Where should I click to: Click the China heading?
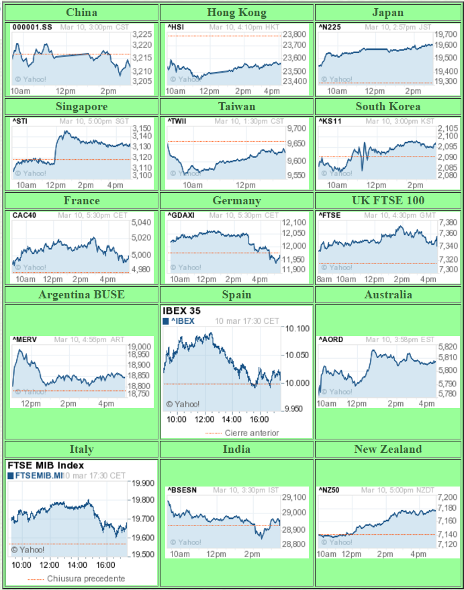pyautogui.click(x=82, y=13)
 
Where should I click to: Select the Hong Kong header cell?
pyautogui.click(x=236, y=13)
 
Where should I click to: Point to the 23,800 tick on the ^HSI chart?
pyautogui.click(x=295, y=34)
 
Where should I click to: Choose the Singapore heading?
pyautogui.click(x=82, y=107)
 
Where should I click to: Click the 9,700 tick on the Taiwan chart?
pyautogui.click(x=295, y=128)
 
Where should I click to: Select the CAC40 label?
pyautogui.click(x=25, y=216)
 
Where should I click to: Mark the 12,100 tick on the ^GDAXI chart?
pyautogui.click(x=295, y=222)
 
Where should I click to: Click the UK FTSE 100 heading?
pyautogui.click(x=389, y=200)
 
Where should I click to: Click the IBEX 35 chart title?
pyautogui.click(x=181, y=311)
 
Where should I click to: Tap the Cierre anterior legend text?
pyautogui.click(x=252, y=433)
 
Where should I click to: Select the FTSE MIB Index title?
pyautogui.click(x=46, y=465)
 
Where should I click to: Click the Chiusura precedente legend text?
pyautogui.click(x=85, y=579)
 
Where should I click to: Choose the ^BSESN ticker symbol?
pyautogui.click(x=182, y=490)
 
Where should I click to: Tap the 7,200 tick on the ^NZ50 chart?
pyautogui.click(x=447, y=497)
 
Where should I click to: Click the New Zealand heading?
pyautogui.click(x=389, y=449)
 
